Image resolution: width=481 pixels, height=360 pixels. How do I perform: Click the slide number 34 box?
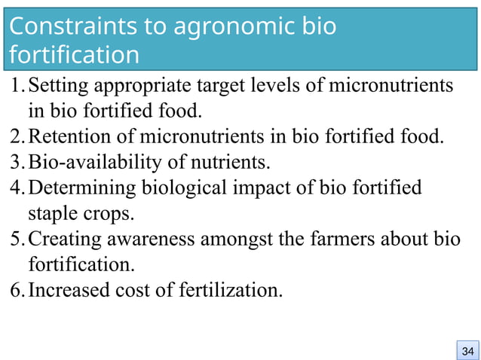[467, 351]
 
